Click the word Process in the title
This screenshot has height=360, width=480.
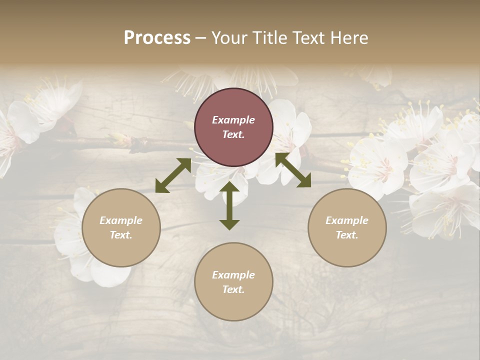[157, 38]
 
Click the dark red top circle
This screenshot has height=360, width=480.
[233, 127]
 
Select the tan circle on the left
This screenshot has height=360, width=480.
[121, 227]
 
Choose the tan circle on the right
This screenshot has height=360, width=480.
[347, 227]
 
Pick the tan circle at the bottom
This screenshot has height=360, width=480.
[233, 282]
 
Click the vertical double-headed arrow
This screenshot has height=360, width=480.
[229, 205]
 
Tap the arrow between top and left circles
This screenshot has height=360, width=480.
[173, 175]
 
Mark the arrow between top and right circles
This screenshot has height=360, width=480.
[293, 170]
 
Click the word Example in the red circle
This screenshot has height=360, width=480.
[233, 120]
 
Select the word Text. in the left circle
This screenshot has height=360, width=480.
[121, 235]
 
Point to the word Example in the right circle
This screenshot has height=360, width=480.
[347, 220]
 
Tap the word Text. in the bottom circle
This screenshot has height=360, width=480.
[233, 289]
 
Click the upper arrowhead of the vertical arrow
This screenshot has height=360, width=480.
[229, 187]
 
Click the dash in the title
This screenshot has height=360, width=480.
[201, 38]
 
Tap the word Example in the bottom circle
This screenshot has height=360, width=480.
[233, 275]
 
